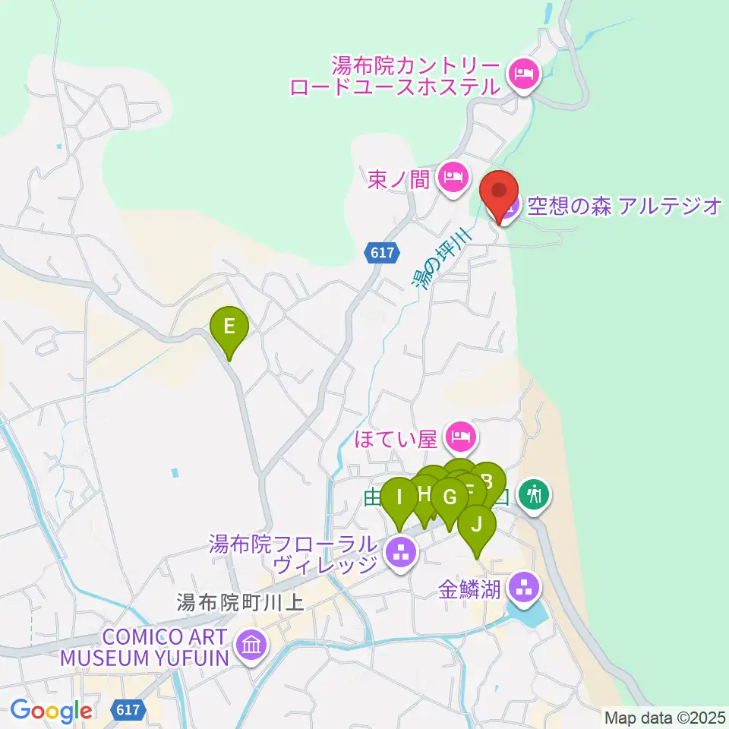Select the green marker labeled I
pos(398,500)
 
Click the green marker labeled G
pos(450,499)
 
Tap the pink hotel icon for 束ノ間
pos(453,178)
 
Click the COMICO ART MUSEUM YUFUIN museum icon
pos(251,646)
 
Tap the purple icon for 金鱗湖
pos(522,586)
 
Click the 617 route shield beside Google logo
pos(128,710)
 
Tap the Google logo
pos(52,711)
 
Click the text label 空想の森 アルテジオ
pos(623,205)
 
